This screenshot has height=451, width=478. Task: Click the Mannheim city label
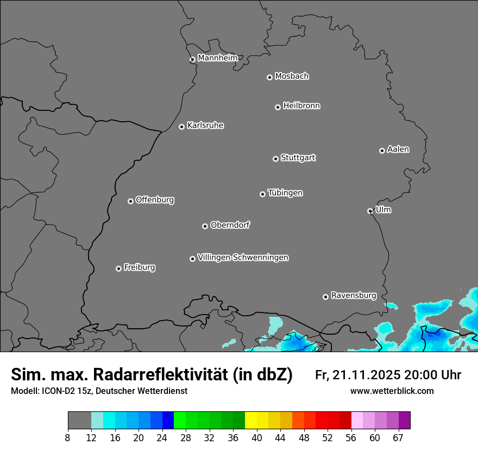click(x=217, y=58)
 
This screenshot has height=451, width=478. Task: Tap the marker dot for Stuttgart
click(x=275, y=159)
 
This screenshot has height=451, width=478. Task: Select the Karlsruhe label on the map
click(x=205, y=126)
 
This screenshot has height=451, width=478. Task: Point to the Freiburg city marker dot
click(x=118, y=268)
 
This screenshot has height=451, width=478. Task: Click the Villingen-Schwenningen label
click(x=243, y=258)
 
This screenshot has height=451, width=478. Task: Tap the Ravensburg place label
click(x=354, y=296)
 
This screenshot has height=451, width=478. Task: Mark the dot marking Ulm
click(x=370, y=211)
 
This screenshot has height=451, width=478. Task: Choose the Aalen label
click(x=398, y=149)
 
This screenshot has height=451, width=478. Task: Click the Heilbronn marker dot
click(x=278, y=107)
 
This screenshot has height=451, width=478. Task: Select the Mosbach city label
click(x=292, y=76)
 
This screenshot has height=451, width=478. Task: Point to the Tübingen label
click(x=285, y=193)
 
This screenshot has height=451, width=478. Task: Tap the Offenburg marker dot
click(x=130, y=201)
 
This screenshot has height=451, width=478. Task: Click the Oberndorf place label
click(x=230, y=225)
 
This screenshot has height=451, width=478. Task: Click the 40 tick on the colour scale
click(x=256, y=438)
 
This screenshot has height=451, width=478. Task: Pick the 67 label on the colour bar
click(x=398, y=438)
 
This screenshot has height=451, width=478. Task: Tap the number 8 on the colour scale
click(x=68, y=438)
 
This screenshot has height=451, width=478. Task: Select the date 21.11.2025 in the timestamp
click(x=367, y=375)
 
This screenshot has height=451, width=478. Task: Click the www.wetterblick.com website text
click(x=392, y=391)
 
